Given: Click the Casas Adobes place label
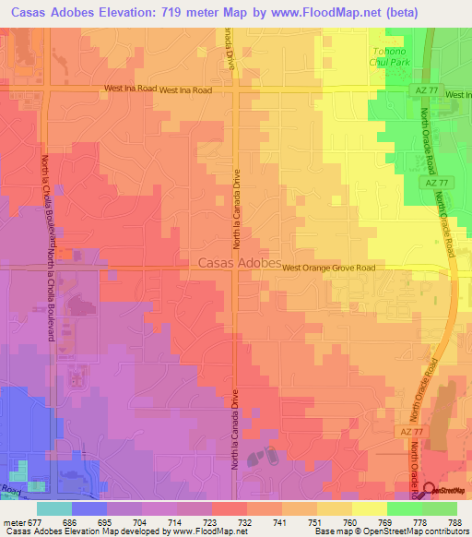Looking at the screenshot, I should (240, 263).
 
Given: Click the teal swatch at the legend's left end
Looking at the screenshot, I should (54, 508).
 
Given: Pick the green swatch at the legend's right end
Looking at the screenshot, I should (440, 508).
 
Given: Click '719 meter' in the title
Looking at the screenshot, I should (157, 13).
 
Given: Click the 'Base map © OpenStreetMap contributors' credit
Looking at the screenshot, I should (388, 531).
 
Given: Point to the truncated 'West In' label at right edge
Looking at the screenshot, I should (457, 95).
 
